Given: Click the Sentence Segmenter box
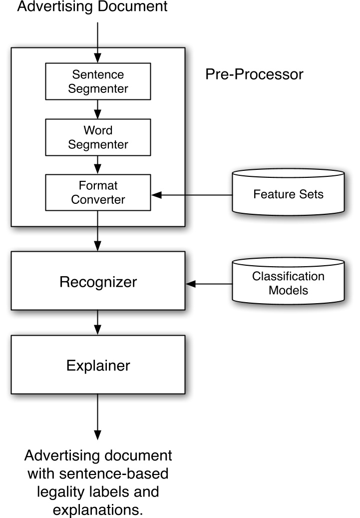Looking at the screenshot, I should point(98,81).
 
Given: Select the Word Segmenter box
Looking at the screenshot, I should point(98,137).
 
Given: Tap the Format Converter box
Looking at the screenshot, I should point(98,192).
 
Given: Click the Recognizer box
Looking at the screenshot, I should point(98,281).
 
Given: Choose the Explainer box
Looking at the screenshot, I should point(98,365).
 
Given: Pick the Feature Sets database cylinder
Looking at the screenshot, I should point(288,193).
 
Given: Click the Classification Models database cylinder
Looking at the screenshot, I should point(288,282).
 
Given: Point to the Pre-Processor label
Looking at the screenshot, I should point(254,74).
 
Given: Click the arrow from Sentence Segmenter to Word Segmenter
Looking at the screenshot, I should point(98,108).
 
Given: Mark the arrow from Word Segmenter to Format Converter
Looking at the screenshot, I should point(98,164).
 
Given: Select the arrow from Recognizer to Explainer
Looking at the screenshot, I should point(98,322).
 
